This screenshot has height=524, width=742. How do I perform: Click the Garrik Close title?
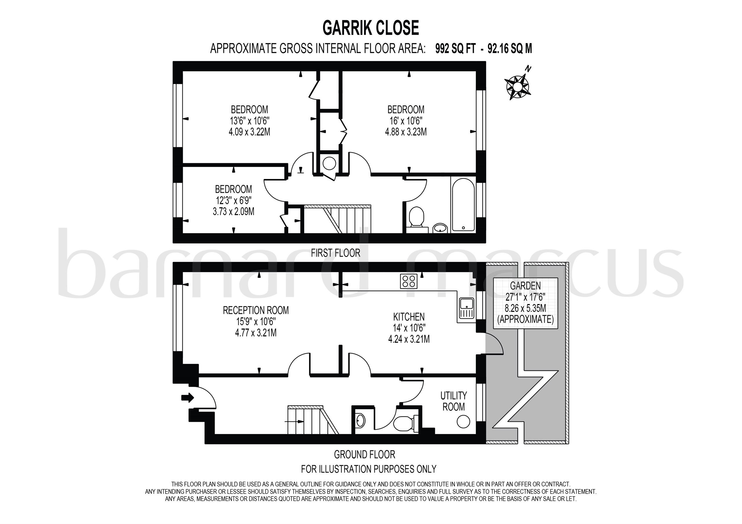[x=371, y=28]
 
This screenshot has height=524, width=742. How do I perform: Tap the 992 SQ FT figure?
[x=455, y=49]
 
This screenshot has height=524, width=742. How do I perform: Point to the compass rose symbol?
[x=517, y=87]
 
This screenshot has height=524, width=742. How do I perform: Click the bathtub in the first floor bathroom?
[x=463, y=205]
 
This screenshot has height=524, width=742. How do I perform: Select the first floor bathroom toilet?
[x=416, y=217]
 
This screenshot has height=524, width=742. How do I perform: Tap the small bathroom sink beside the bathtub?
[x=439, y=228]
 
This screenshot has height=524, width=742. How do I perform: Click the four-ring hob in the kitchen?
[x=408, y=281]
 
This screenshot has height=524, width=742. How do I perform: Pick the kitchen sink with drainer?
[x=467, y=308]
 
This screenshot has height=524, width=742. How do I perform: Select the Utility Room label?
[x=453, y=401]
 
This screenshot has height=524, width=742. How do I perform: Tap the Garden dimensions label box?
[x=525, y=303]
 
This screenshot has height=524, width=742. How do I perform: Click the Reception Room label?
[x=256, y=310]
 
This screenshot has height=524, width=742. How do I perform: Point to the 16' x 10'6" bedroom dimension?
[x=405, y=121]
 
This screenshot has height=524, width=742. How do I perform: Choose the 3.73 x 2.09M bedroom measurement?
[x=233, y=211]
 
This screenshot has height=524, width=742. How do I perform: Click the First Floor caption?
[x=335, y=253]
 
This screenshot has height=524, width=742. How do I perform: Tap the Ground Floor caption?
[x=364, y=455]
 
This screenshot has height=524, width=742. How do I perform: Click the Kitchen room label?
[x=408, y=316]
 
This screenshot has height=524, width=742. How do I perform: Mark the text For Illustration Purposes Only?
[x=368, y=469]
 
